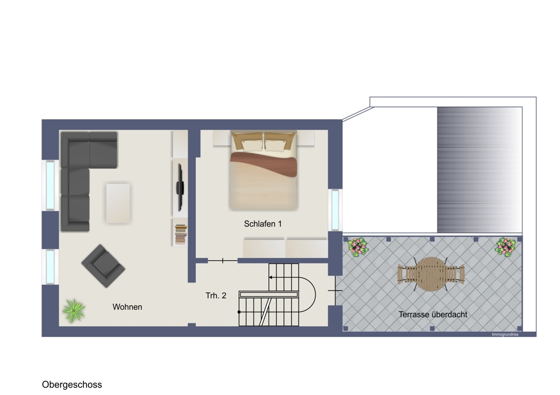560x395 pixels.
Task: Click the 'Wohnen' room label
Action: click(x=127, y=307)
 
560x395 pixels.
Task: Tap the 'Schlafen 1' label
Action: click(x=263, y=224)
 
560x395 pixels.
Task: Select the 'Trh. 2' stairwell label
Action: click(x=216, y=295)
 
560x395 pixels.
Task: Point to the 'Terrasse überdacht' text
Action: click(x=433, y=314)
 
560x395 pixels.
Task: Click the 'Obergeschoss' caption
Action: click(x=72, y=385)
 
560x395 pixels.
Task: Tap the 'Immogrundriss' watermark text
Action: click(x=505, y=335)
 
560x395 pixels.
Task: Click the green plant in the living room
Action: click(x=73, y=311)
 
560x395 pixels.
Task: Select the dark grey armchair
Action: click(x=103, y=266)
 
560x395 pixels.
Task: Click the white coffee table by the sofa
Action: click(x=118, y=203)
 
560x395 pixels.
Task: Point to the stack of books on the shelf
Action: click(x=181, y=234)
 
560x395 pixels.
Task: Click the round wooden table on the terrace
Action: click(x=431, y=274)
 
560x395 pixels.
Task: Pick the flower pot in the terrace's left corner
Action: click(x=358, y=247)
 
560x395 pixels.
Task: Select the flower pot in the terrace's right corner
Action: click(x=505, y=247)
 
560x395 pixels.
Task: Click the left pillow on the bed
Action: click(x=252, y=145)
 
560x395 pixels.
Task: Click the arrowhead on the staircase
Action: click(x=270, y=278)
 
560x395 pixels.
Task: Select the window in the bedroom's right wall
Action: click(x=335, y=210)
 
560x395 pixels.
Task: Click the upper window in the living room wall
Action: click(x=50, y=185)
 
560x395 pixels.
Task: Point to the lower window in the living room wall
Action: click(x=50, y=266)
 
